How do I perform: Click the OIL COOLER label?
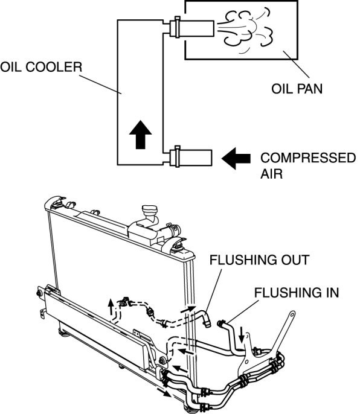click(x=41, y=67)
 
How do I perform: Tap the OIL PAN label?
click(x=297, y=89)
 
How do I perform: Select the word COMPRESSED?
click(x=308, y=158)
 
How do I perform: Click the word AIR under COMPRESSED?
click(x=271, y=174)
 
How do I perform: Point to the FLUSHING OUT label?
click(x=259, y=260)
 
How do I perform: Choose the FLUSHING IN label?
click(x=297, y=293)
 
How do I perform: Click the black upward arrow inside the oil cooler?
click(x=140, y=135)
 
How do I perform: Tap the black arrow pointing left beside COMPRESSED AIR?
click(x=236, y=158)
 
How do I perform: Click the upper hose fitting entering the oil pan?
click(x=191, y=27)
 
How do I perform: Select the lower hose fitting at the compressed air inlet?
click(x=190, y=158)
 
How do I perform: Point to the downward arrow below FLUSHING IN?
click(x=242, y=334)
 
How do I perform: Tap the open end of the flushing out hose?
click(x=208, y=323)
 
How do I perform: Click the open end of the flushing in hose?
click(x=220, y=323)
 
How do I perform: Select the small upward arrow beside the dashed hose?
click(x=111, y=307)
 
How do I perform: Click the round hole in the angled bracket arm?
click(x=292, y=314)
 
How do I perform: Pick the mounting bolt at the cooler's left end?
click(x=39, y=293)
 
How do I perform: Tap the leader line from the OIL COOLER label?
click(x=100, y=84)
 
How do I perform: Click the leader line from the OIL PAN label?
click(x=297, y=64)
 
